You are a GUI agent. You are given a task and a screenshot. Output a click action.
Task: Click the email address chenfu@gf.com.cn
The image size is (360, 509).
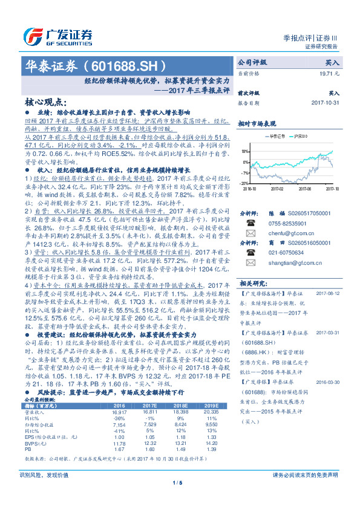pyautogui.click(x=283, y=232)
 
